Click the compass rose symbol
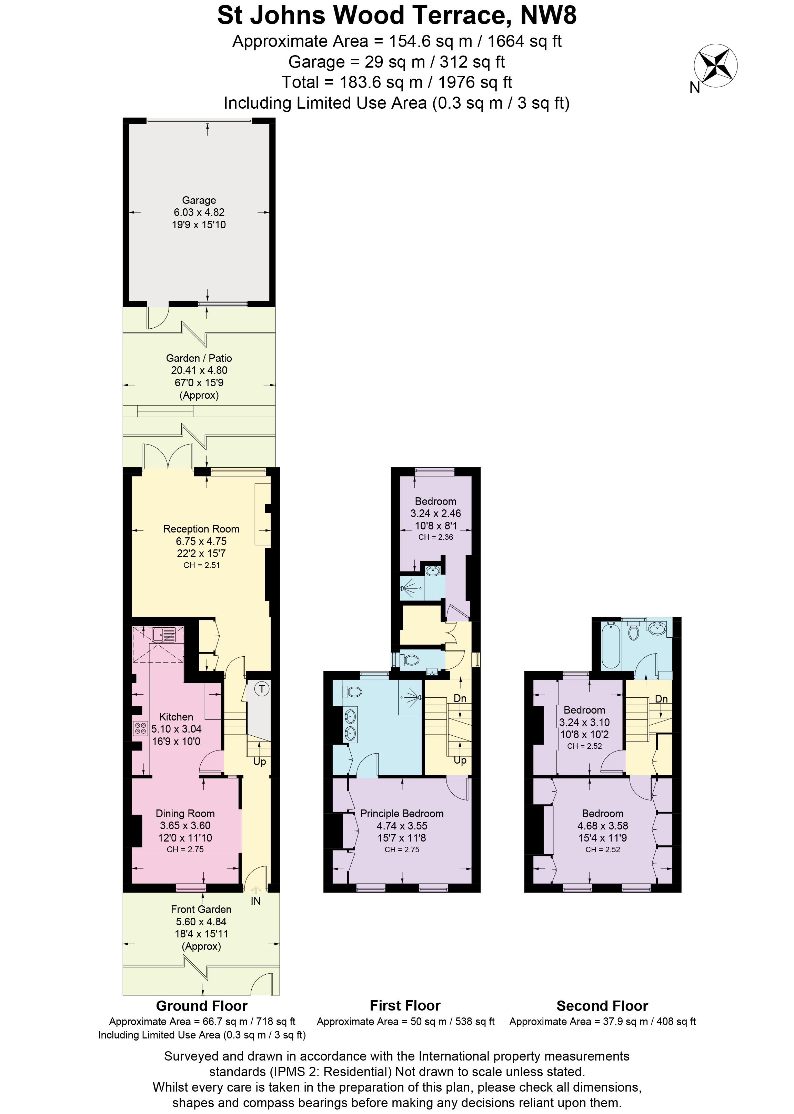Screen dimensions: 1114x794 tap(715, 66)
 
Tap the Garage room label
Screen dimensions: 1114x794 tap(199, 200)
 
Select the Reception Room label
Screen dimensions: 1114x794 tap(201, 529)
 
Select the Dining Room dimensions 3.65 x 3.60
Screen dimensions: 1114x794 tap(185, 825)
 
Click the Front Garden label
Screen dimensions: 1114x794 tap(201, 909)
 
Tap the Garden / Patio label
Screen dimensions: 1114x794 tap(199, 358)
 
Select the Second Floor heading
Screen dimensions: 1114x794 tap(602, 1006)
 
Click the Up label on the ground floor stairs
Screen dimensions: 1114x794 tap(259, 762)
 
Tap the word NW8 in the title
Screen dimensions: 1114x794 tap(548, 16)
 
